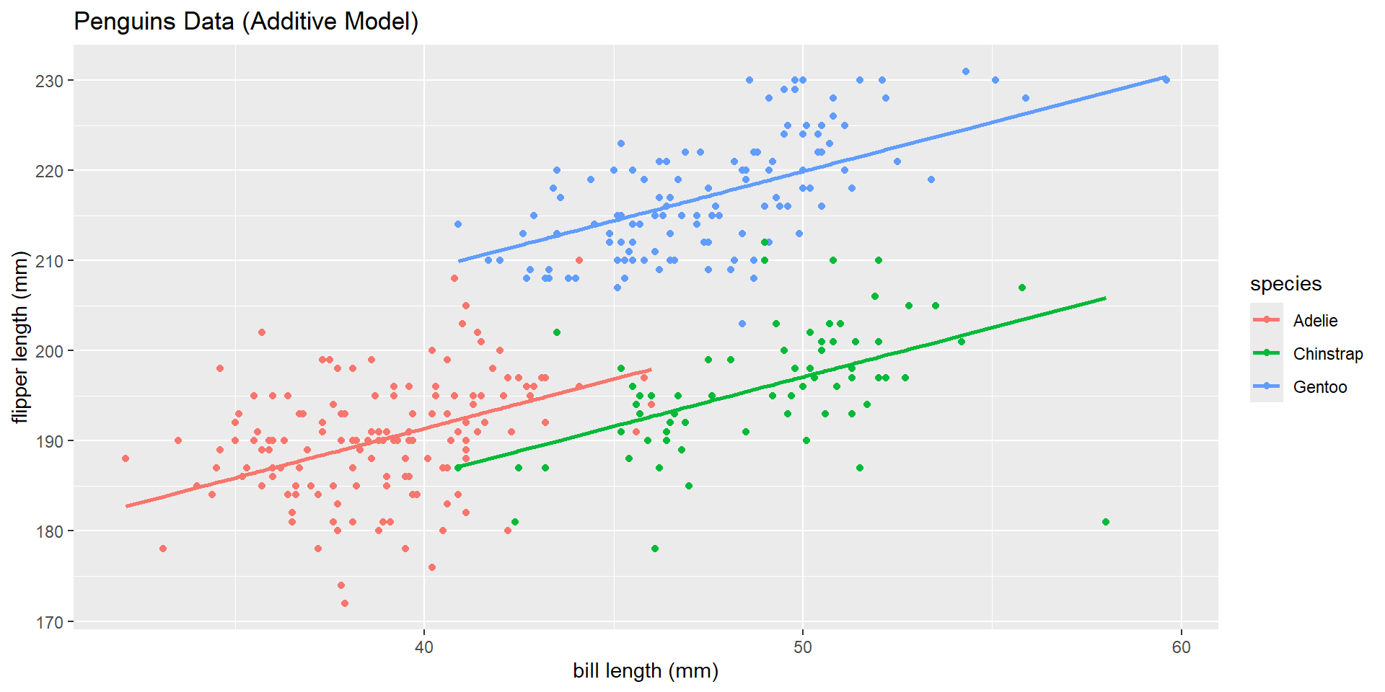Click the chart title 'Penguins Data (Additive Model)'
point(246,22)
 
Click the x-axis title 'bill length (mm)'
point(646,671)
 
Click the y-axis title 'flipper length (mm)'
point(20,337)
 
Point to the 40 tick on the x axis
point(424,647)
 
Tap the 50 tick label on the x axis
point(803,647)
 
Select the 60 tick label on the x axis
point(1181,647)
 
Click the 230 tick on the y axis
point(49,81)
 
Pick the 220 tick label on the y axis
point(49,171)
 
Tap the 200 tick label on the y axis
point(49,351)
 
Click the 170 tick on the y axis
point(49,622)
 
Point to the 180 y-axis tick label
point(49,531)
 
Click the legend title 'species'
point(1285,284)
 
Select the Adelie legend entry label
point(1315,321)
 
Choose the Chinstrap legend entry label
point(1327,354)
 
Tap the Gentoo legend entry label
point(1319,387)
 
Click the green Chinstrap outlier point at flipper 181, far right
point(1106,522)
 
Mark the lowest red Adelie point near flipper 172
point(345,603)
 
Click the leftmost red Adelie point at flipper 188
point(126,458)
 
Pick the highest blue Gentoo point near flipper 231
point(966,71)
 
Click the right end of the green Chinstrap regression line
point(1104,298)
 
